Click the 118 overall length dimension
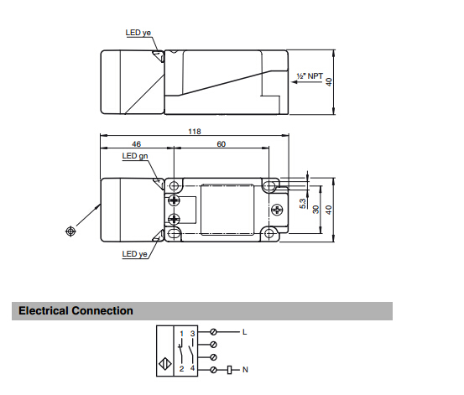tap(195, 132)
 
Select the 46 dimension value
tap(136, 144)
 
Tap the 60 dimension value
tap(221, 144)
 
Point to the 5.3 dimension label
tap(303, 204)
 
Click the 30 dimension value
tap(316, 209)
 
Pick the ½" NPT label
tap(310, 76)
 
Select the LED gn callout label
tap(135, 156)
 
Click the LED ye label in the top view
tap(138, 33)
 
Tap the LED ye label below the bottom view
tap(134, 254)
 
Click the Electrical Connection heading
tap(76, 310)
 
